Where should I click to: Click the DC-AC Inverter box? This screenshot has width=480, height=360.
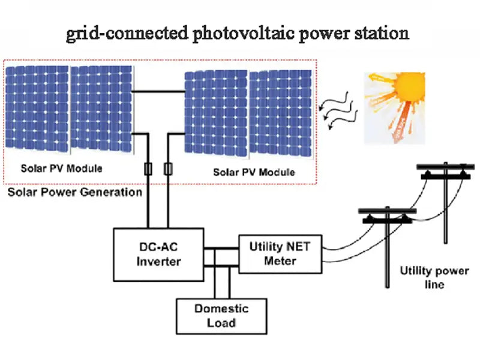(158, 254)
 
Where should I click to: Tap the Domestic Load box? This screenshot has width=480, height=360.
(221, 316)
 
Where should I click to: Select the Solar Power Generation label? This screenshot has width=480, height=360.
(74, 193)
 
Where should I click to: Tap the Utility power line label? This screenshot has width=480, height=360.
(434, 277)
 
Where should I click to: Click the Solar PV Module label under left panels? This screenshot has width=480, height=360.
(61, 168)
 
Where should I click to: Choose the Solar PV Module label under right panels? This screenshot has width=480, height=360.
(254, 172)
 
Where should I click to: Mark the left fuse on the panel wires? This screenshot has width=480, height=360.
(148, 169)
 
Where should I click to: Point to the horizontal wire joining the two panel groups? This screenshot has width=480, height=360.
(158, 92)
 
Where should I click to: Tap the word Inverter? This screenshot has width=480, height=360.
(158, 262)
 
